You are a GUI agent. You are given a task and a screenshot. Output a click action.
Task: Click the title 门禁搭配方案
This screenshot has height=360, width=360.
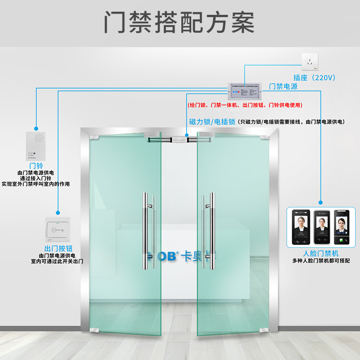pos(180,22)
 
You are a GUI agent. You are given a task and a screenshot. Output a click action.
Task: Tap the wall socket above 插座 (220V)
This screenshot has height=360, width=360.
pos(309,62)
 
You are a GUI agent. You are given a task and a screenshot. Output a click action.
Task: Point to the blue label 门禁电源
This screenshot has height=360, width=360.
pos(283,86)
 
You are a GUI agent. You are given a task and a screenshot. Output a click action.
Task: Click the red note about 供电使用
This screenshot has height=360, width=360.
pos(245,105)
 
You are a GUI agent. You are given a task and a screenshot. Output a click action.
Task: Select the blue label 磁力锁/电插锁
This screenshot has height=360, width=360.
pos(212,121)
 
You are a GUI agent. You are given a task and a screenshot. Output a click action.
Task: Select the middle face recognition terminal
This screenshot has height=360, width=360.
pos(321,228)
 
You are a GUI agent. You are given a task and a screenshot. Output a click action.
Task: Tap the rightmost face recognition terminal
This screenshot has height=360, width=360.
pos(342,228)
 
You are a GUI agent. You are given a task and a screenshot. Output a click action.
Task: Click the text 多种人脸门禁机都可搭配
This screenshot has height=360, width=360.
pos(321,261)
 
